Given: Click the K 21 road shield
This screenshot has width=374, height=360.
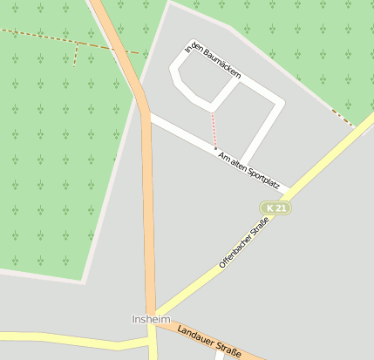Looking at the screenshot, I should pos(276,208).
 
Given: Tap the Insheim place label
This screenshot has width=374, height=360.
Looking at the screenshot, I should pos(150,320).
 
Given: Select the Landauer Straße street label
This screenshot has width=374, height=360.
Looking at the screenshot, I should pos(208,339).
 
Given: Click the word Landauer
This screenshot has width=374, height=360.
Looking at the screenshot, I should pos(194,334).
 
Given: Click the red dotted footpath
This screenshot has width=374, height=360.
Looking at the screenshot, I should pos(214,130).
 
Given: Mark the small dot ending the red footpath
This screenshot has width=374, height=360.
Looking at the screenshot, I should pos(215,148).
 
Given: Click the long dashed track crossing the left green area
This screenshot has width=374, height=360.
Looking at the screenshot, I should pos(52,38).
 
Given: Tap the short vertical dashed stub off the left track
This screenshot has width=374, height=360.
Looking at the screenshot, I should pos(76,54).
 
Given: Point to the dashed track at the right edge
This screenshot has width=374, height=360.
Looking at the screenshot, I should pos(343,118).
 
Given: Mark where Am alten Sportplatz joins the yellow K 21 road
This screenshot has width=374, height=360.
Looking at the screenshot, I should pos(288,187).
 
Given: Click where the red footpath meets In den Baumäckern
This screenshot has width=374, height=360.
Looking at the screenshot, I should pos(212,111).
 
